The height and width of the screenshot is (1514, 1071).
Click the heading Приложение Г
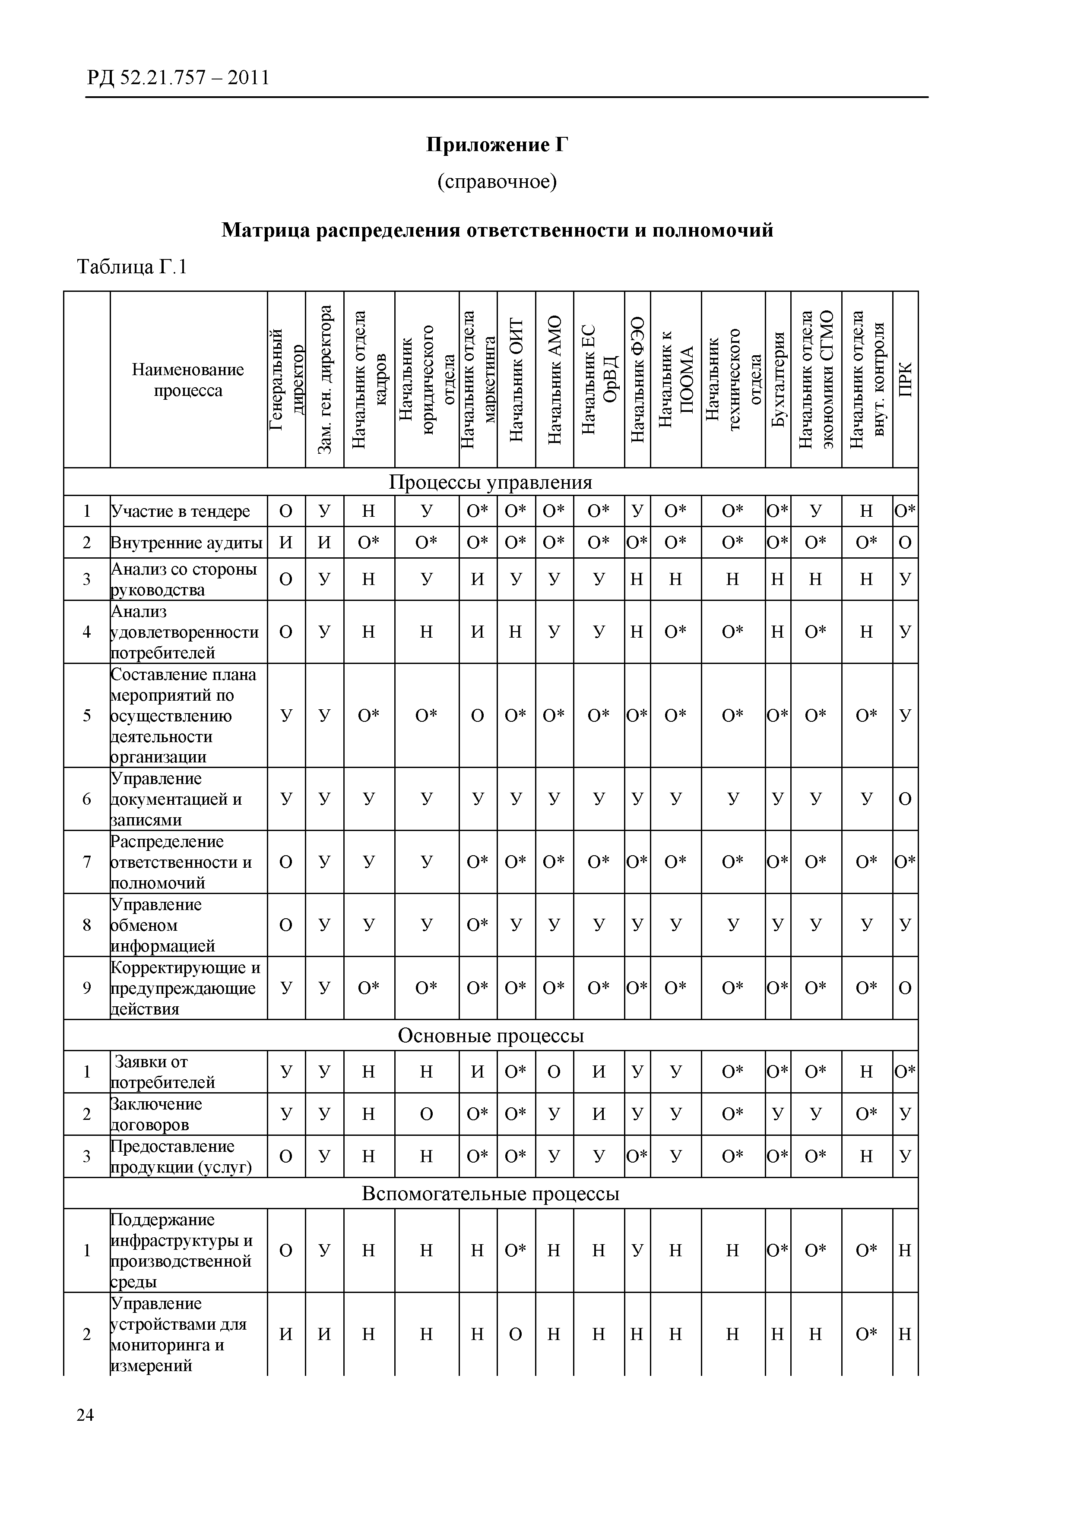pyautogui.click(x=497, y=145)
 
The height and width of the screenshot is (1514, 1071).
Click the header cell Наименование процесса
pyautogui.click(x=188, y=380)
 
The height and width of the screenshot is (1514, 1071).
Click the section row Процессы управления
pyautogui.click(x=490, y=482)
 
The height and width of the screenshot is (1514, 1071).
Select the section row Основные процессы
pyautogui.click(x=490, y=1036)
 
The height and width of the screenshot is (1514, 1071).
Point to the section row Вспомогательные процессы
pyautogui.click(x=490, y=1194)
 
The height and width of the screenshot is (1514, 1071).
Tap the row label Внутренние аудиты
pyautogui.click(x=186, y=543)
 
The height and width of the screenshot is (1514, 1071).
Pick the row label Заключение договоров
pyautogui.click(x=156, y=1114)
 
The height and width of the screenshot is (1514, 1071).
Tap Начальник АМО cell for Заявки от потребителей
pyautogui.click(x=554, y=1072)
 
